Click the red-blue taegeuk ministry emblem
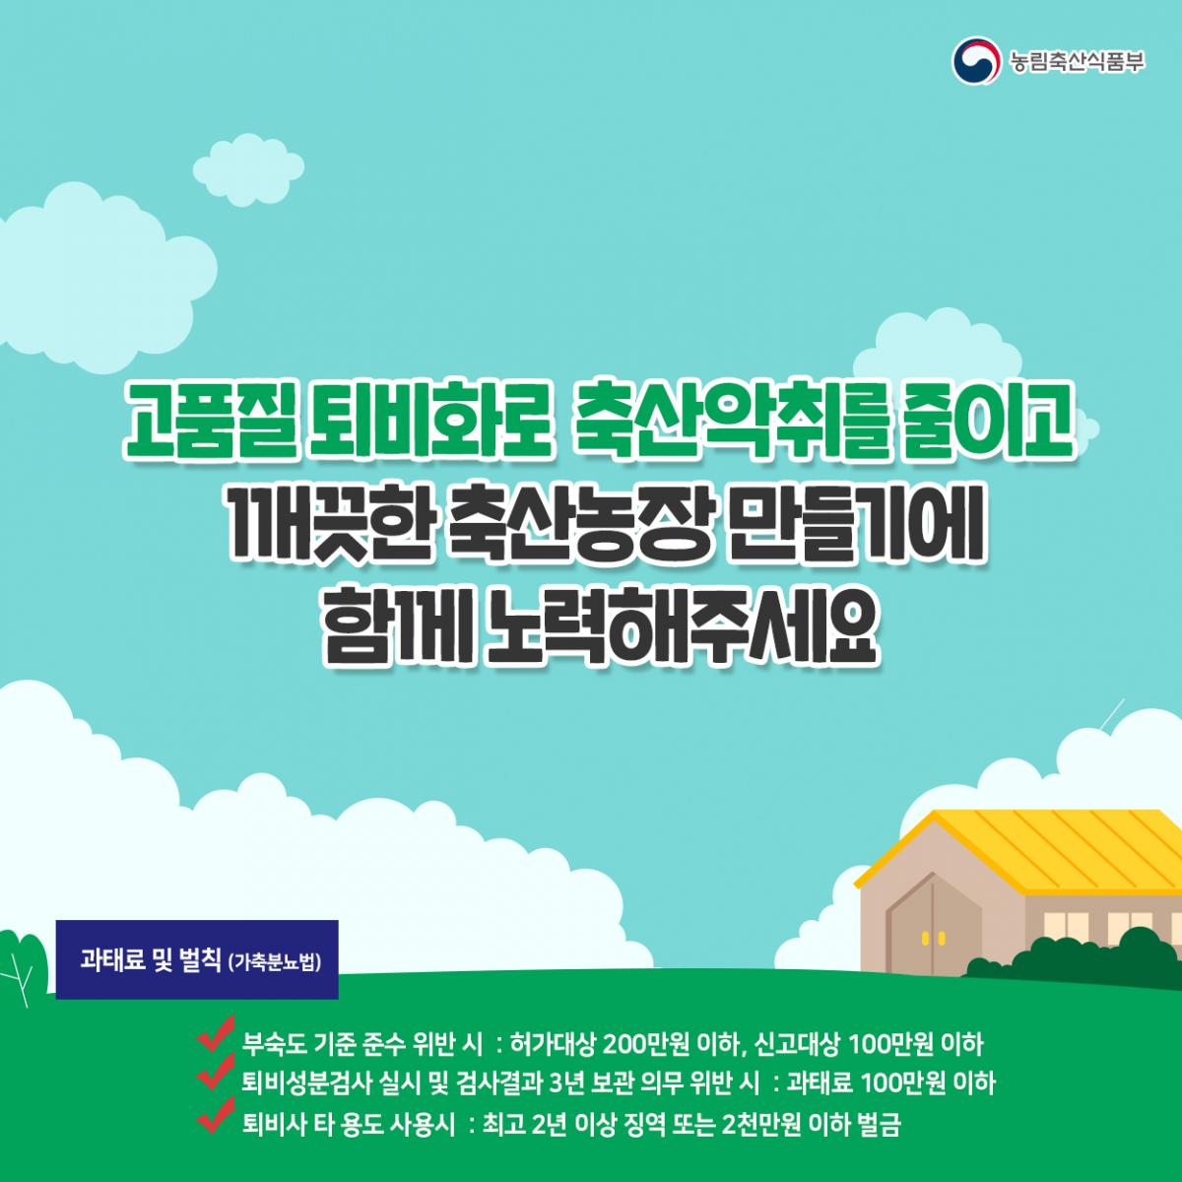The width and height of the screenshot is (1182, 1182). pos(976,61)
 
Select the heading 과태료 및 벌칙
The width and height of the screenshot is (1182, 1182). pos(150,960)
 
